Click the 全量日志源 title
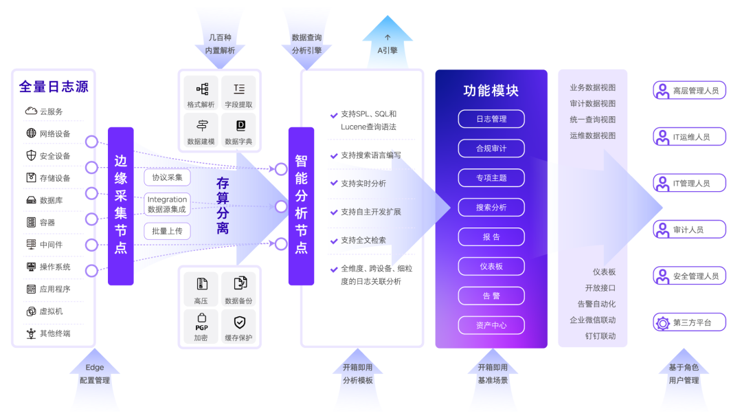click(54, 87)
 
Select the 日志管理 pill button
click(491, 119)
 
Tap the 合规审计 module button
click(491, 148)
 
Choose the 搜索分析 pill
click(491, 207)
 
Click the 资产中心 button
click(491, 325)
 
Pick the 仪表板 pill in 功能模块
click(491, 266)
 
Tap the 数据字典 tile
click(238, 130)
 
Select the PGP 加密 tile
click(201, 326)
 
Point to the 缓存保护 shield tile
click(238, 326)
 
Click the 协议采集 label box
click(167, 177)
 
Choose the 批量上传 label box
click(167, 231)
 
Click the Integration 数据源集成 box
click(167, 204)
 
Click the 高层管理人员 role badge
click(689, 90)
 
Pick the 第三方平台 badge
click(689, 322)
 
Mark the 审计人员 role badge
click(689, 230)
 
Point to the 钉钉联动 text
click(600, 336)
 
